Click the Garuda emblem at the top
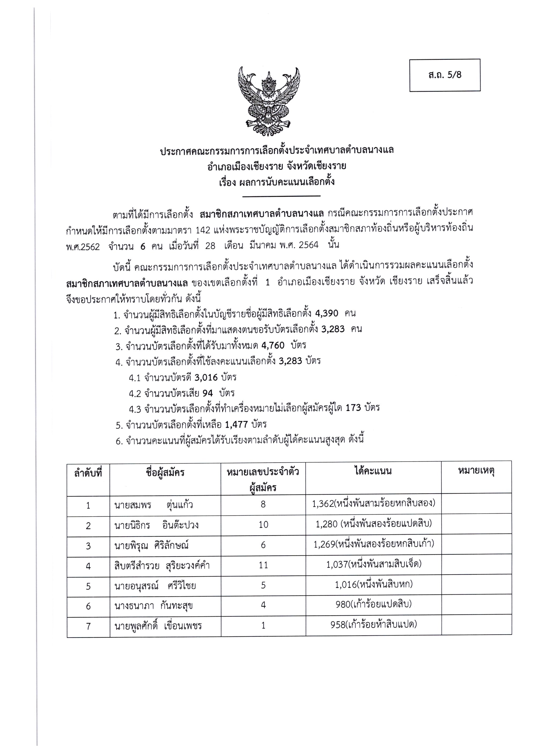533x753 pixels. point(269,101)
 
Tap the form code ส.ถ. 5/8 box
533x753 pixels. point(445,75)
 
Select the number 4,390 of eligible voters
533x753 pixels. point(326,313)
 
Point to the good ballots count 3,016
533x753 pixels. point(206,377)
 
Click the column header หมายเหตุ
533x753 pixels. point(476,471)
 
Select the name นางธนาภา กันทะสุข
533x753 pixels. point(153,606)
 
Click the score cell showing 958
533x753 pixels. point(374,625)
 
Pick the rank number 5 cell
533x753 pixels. point(88,586)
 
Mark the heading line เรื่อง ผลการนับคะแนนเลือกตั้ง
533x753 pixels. point(277,182)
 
